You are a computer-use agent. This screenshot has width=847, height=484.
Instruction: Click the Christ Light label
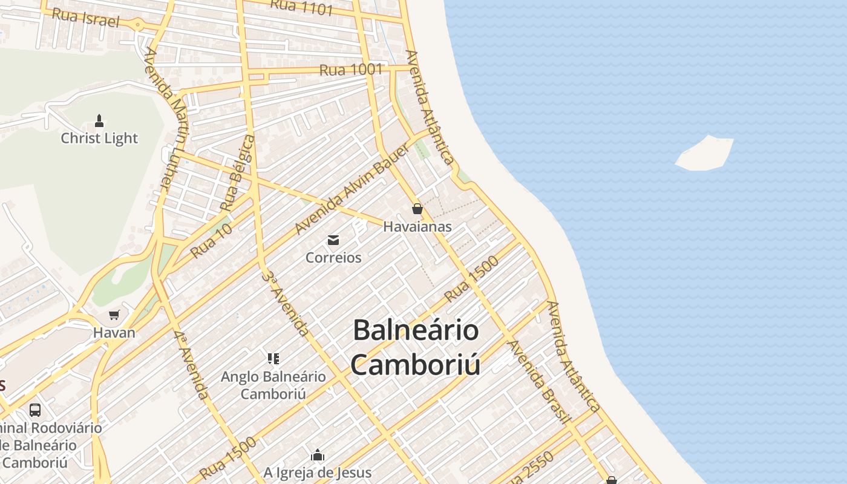99,139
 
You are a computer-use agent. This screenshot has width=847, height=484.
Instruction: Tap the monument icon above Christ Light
99,121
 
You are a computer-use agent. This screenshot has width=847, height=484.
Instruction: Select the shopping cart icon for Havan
114,315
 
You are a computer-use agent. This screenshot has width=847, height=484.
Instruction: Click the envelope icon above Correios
333,240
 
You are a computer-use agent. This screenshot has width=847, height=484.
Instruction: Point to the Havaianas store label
417,227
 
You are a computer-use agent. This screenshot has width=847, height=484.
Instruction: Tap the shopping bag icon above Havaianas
417,209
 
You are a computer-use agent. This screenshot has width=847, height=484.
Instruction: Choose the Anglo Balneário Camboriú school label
273,385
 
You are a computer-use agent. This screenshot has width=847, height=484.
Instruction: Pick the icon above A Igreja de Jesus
318,455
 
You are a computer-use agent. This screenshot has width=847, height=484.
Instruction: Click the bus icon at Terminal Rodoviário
35,410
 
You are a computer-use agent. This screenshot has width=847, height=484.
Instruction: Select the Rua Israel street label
85,18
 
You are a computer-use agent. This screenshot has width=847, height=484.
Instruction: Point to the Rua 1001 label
351,70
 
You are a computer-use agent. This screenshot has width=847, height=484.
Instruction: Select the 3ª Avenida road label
286,302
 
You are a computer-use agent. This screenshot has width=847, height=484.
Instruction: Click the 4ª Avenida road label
191,365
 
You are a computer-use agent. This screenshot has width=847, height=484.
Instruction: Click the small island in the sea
705,154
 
